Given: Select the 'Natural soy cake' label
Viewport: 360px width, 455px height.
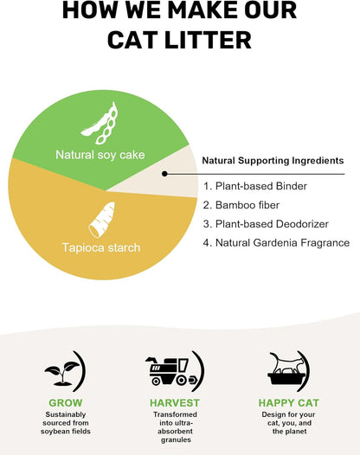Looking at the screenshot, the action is coord(100,155).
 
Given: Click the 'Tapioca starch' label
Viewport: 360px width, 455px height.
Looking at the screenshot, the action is coord(101,247).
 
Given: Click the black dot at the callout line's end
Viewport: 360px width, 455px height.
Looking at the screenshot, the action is coord(164,174).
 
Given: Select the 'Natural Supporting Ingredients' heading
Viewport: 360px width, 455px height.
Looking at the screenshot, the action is coord(273,161).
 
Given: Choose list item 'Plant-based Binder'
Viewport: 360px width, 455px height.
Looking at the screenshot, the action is coord(255,186).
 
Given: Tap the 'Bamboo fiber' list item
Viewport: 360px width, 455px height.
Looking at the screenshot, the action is coord(241,205).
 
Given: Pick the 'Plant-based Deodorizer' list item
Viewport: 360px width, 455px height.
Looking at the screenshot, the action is coord(266,224).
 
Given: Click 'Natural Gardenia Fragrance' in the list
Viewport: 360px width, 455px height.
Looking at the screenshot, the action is coord(276,242).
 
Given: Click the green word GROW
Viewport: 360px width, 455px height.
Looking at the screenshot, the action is coord(65,403).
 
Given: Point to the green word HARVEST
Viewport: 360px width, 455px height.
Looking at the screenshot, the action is coord(175,403).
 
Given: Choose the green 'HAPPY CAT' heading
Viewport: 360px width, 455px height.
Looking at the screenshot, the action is coord(288,403).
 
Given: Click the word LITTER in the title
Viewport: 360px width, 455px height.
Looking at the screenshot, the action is coord(208,40).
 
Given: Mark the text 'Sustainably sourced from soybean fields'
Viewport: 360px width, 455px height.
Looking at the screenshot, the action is coord(66,423).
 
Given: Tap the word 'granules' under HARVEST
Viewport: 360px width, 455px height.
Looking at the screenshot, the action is coord(176,439).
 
